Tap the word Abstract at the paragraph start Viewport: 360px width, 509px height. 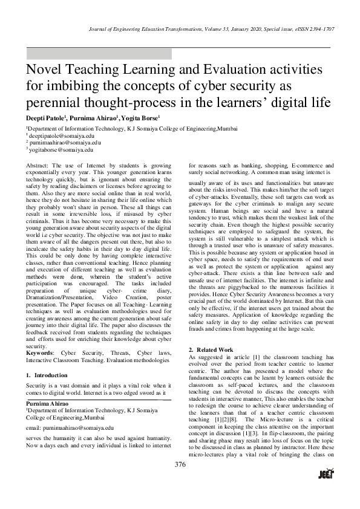[x=39, y=164]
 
